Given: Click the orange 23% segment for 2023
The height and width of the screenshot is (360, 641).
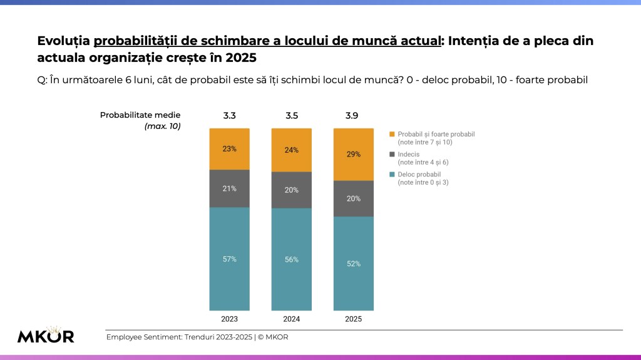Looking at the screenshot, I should (229, 149).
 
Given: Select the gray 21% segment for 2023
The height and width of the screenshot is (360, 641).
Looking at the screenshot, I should (229, 188).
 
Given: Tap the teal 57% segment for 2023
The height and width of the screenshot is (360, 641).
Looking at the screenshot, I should (229, 259).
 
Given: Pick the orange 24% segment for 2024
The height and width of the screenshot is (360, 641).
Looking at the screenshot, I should (291, 150).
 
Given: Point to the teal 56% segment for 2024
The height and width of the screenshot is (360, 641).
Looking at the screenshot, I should (291, 259).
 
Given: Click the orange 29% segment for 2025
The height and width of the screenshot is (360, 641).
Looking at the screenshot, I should (354, 154).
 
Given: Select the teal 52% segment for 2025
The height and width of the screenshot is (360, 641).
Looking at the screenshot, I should (354, 264).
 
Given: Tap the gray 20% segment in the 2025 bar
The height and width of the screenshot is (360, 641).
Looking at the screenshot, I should (354, 198).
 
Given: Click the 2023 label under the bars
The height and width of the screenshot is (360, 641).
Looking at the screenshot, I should (229, 319).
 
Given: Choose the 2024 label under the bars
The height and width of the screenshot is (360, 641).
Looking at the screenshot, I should (291, 319).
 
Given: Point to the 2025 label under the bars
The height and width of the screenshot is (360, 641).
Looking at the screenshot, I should (354, 319).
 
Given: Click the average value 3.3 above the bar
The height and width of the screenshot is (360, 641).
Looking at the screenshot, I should (229, 116).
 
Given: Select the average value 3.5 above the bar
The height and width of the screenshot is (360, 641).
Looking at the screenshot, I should (291, 116).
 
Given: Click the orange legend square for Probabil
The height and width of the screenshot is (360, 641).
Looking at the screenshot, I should (392, 134).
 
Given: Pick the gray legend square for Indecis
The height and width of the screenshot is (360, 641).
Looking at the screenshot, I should (392, 154).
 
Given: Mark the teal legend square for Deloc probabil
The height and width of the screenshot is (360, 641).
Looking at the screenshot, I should (392, 174).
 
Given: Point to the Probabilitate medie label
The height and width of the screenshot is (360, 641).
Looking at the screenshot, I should (140, 116).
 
